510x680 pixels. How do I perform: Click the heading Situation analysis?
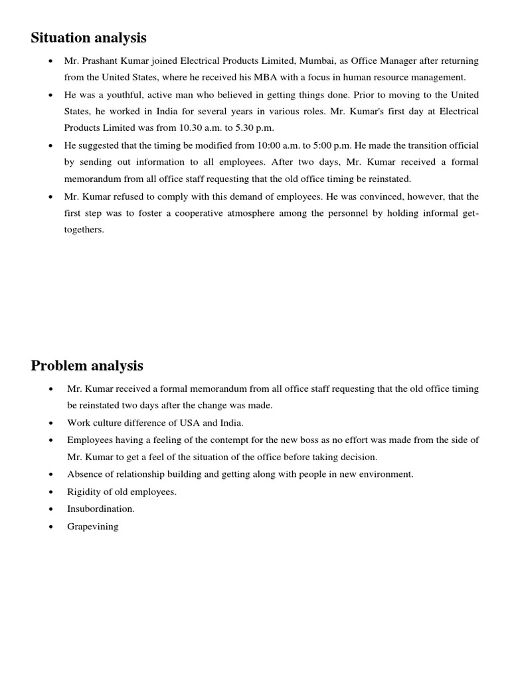[x=88, y=38]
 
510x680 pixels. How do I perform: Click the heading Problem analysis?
[x=87, y=366]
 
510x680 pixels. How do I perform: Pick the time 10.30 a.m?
[x=203, y=127]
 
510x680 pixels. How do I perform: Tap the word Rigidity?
[x=85, y=492]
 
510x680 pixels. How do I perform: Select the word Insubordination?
[x=101, y=509]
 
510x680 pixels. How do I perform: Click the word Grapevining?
[x=93, y=527]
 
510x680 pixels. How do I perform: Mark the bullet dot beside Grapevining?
[x=51, y=527]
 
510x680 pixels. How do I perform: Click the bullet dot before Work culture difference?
[x=51, y=422]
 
